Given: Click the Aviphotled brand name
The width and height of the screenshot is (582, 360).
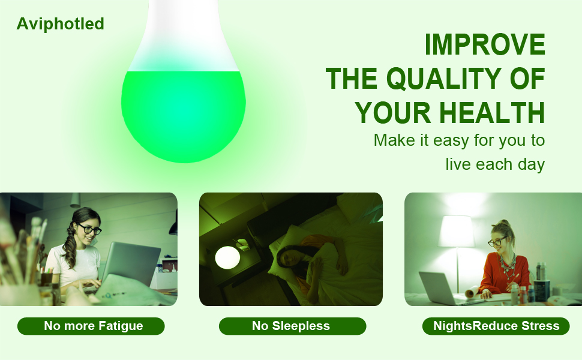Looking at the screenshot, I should tap(60, 24).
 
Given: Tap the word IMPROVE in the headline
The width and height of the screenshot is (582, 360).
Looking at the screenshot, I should tap(485, 45).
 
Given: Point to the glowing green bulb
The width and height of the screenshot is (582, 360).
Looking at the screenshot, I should tap(183, 114).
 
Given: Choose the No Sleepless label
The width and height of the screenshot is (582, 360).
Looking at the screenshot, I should tap(291, 326).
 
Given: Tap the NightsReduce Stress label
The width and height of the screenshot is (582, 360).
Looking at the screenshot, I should tap(496, 326).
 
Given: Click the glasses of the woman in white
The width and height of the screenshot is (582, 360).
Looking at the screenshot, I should tap(90, 229).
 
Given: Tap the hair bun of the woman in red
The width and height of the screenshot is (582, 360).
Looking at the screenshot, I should tap(503, 224).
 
